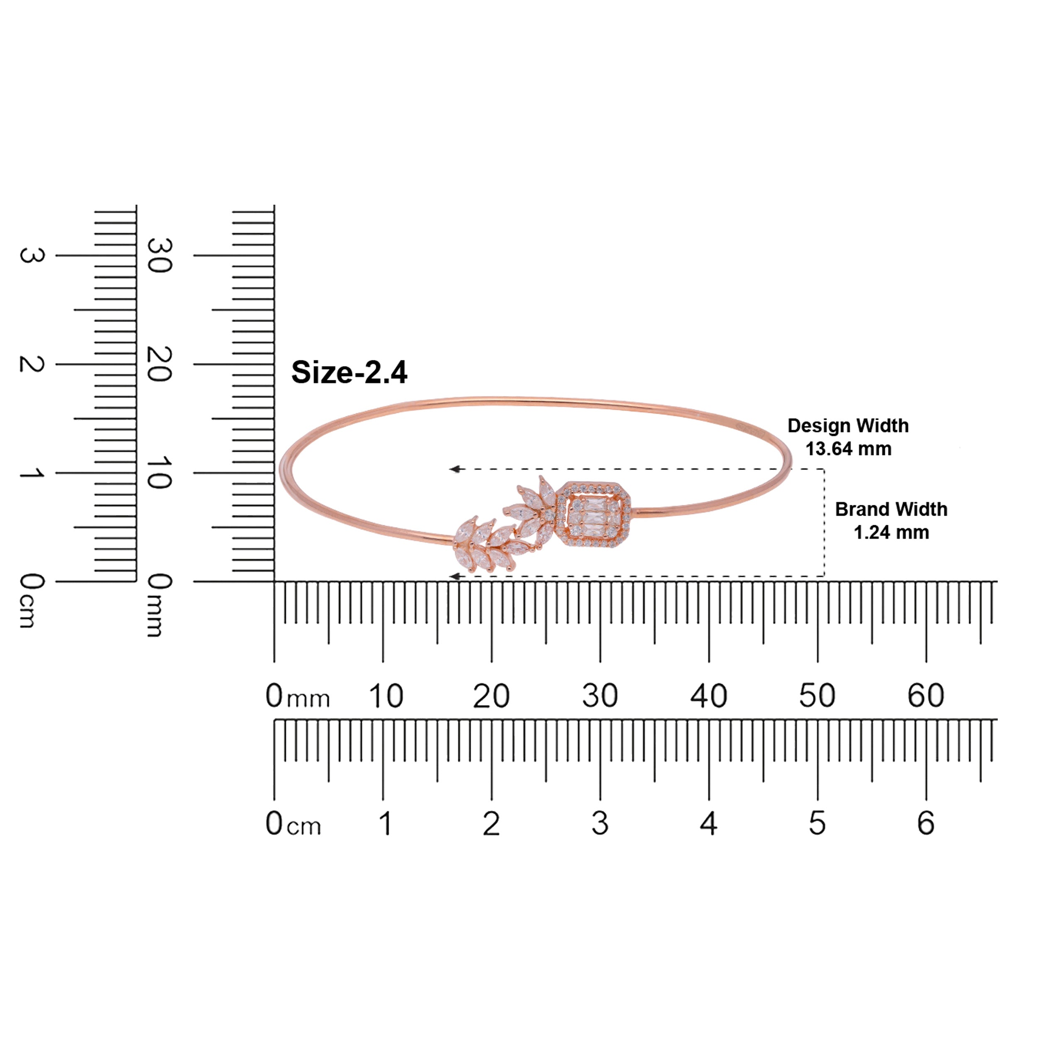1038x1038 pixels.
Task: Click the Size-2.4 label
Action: tap(349, 372)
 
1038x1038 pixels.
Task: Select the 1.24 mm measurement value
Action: tap(891, 532)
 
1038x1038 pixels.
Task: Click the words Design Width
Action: tap(848, 426)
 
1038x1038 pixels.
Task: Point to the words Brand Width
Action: tap(891, 509)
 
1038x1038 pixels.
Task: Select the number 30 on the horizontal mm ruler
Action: tap(600, 696)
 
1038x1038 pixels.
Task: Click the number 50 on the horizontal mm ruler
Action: tap(817, 696)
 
